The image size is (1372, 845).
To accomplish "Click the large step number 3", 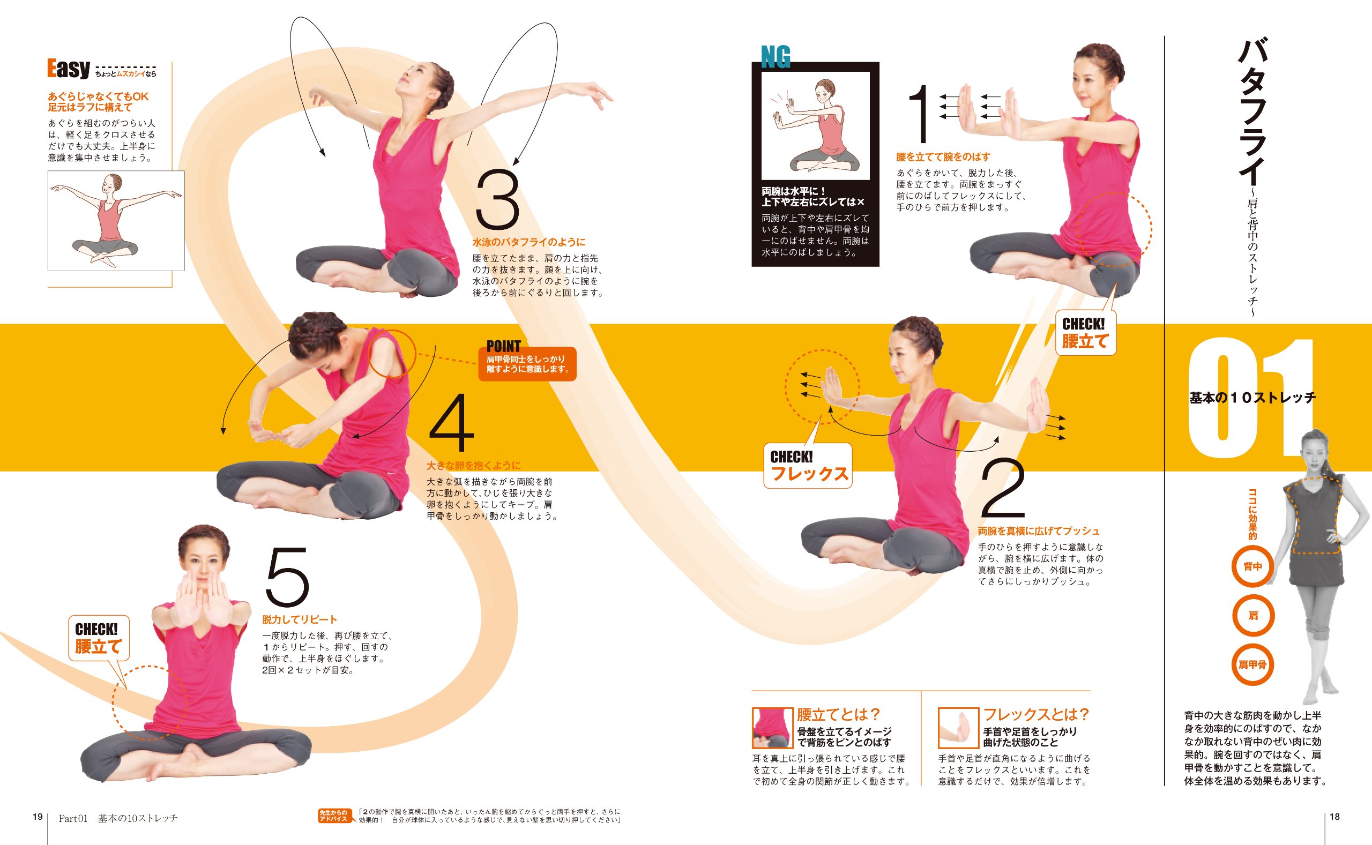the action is [x=497, y=200].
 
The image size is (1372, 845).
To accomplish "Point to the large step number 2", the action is [x=1003, y=488].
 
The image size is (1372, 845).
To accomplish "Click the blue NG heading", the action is [x=776, y=57].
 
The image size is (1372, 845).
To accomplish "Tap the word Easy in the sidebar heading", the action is [x=68, y=68].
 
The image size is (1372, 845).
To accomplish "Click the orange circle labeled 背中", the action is [x=1253, y=566].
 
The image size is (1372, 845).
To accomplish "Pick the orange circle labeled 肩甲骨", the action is [x=1253, y=665].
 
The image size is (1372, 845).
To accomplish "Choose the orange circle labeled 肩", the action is [x=1253, y=615].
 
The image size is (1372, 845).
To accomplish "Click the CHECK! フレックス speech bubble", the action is [x=808, y=466].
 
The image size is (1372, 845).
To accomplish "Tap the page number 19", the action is [x=38, y=817].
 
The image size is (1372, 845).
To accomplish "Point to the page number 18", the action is [x=1334, y=817].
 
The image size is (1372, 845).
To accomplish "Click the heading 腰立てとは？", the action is [x=839, y=714].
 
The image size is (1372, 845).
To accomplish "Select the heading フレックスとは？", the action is [x=1036, y=714].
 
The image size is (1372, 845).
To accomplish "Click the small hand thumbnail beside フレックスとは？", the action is [x=958, y=728].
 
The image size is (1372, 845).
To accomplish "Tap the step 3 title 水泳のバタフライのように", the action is [x=528, y=242].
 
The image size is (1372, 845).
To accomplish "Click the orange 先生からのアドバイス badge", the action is [x=333, y=816].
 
